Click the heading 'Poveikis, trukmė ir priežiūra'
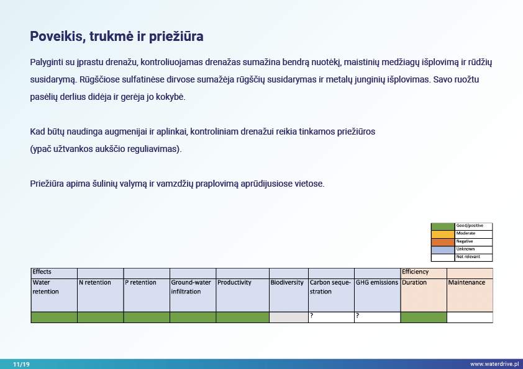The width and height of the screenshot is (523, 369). pyautogui.click(x=117, y=37)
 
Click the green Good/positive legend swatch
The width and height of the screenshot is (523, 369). pyautogui.click(x=443, y=226)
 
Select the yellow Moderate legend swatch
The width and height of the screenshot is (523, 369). pyautogui.click(x=443, y=234)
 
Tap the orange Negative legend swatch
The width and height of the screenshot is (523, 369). pyautogui.click(x=443, y=241)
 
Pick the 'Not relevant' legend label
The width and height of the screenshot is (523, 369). pyautogui.click(x=468, y=257)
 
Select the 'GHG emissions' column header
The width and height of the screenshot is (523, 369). pyautogui.click(x=376, y=283)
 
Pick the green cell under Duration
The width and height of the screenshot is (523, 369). pyautogui.click(x=424, y=318)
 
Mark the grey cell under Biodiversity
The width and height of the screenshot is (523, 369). pyautogui.click(x=289, y=318)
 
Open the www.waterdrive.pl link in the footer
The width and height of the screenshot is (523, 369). pyautogui.click(x=494, y=364)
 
